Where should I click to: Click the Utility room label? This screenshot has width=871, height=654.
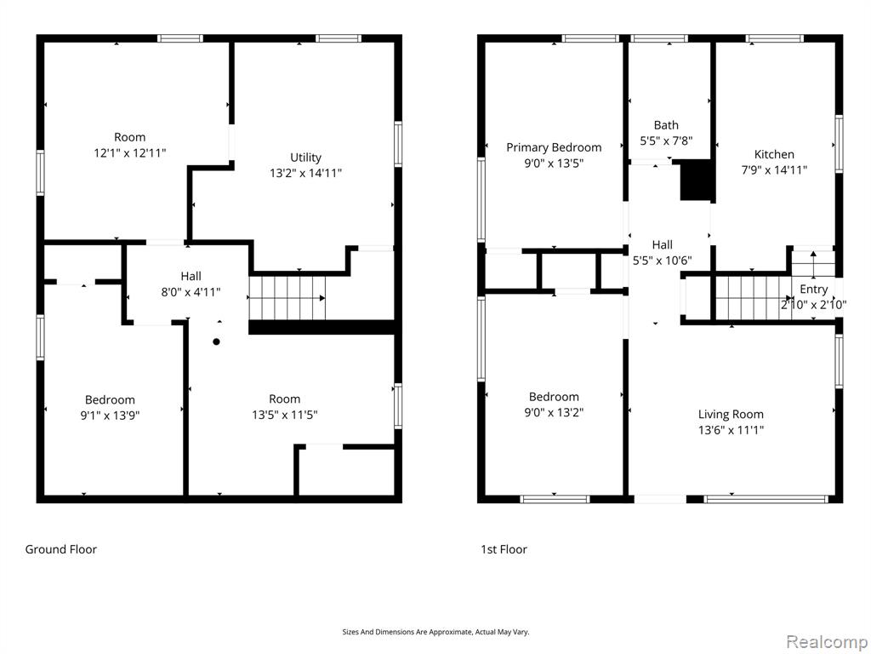pyautogui.click(x=305, y=158)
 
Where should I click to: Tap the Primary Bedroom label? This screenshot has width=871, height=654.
pyautogui.click(x=554, y=147)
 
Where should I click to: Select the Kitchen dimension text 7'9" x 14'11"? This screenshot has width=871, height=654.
pyautogui.click(x=774, y=170)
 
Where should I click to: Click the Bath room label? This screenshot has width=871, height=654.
pyautogui.click(x=666, y=125)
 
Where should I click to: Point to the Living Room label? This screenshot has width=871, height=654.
pyautogui.click(x=731, y=415)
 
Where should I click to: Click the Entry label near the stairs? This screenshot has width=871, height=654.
pyautogui.click(x=814, y=290)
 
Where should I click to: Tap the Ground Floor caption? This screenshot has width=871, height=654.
pyautogui.click(x=61, y=549)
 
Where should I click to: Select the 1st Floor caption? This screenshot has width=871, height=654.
pyautogui.click(x=504, y=549)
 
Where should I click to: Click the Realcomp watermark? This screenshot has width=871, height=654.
pyautogui.click(x=827, y=642)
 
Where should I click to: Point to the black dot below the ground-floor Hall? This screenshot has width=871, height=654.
pyautogui.click(x=217, y=341)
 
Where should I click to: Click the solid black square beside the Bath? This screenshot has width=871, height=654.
pyautogui.click(x=696, y=180)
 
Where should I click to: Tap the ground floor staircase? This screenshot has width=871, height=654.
pyautogui.click(x=287, y=298)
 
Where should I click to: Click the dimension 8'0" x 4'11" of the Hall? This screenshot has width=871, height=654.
pyautogui.click(x=191, y=292)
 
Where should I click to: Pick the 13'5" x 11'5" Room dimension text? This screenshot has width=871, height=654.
pyautogui.click(x=284, y=415)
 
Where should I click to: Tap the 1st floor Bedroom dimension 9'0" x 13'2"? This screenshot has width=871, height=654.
pyautogui.click(x=554, y=413)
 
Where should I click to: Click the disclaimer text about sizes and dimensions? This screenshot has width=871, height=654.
pyautogui.click(x=435, y=632)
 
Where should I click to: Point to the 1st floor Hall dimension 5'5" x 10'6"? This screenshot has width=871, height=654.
pyautogui.click(x=662, y=261)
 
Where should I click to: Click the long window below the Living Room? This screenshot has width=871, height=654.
pyautogui.click(x=766, y=499)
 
